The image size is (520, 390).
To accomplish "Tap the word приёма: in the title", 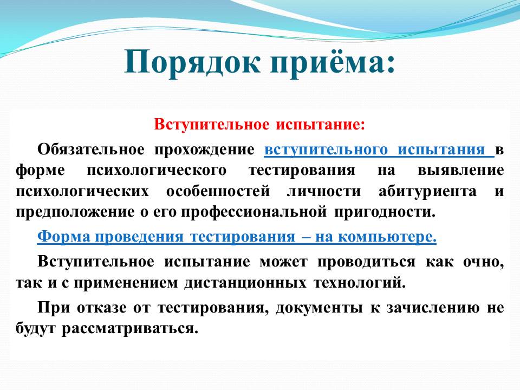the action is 333,61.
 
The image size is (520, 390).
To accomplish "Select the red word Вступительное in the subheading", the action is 212,125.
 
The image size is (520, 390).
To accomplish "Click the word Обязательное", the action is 91,149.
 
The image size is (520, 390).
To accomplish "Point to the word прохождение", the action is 205,150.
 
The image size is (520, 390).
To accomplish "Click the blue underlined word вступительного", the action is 326,150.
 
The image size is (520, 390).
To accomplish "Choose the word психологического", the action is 157,171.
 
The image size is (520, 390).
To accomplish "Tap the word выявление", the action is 460,170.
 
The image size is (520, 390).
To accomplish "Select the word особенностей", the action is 218,191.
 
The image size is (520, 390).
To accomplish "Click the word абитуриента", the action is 427,192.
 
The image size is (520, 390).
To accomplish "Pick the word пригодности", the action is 385,212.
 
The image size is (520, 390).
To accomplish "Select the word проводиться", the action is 367,262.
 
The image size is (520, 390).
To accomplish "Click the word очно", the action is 484,262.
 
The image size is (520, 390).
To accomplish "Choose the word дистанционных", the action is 245,283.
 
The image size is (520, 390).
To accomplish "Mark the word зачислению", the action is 433,308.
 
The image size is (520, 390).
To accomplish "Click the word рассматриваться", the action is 130,329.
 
